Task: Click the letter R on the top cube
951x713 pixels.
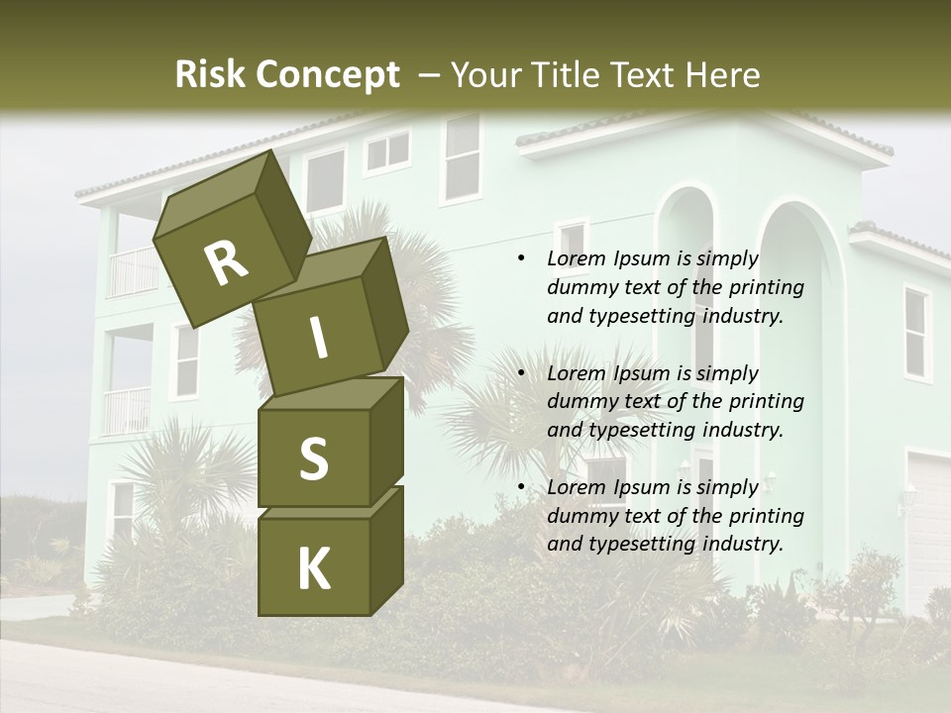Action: point(226,263)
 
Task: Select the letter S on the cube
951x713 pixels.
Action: point(313,458)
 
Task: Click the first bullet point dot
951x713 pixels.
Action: point(521,259)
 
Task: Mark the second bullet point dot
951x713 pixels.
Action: point(521,374)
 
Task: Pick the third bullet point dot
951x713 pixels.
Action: point(521,488)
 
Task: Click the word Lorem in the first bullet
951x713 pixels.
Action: point(574,259)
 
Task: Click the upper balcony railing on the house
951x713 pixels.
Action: point(133,271)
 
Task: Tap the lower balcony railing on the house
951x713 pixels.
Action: point(127,410)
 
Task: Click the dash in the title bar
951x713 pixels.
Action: point(430,75)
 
